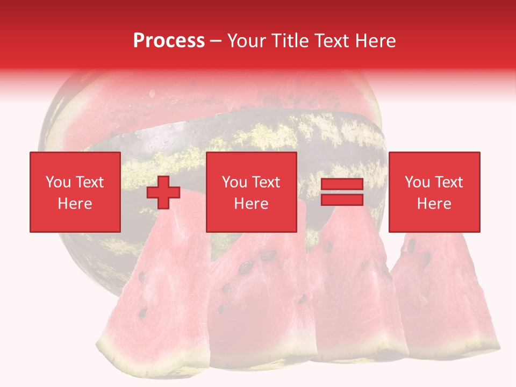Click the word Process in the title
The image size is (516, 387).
[169, 41]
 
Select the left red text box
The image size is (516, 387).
[75, 192]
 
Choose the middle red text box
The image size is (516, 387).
[252, 192]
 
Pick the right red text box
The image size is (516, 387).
[434, 192]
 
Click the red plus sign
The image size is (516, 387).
[163, 192]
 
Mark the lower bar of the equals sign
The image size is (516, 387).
[342, 200]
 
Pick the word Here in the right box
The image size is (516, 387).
[434, 203]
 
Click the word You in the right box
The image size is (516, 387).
[417, 182]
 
